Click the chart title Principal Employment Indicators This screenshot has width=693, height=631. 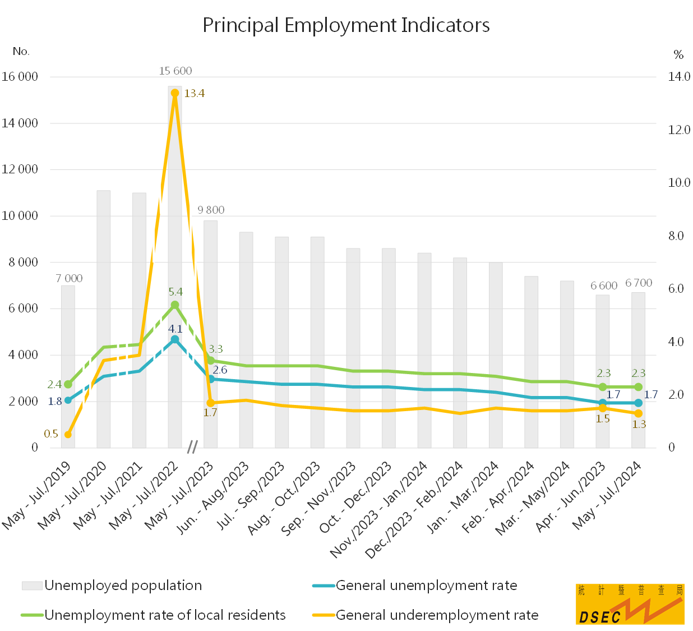click(346, 25)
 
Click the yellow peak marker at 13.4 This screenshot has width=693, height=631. click(175, 93)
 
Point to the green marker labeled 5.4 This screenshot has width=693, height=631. click(175, 305)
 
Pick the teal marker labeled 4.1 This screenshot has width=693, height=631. click(175, 339)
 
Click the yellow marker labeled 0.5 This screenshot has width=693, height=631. click(68, 435)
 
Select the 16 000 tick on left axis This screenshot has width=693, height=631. click(20, 77)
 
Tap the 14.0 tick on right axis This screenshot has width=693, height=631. click(679, 77)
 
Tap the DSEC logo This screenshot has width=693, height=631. click(630, 604)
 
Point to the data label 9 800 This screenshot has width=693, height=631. click(211, 210)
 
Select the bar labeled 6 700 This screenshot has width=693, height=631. click(638, 370)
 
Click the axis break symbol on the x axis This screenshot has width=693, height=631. click(192, 447)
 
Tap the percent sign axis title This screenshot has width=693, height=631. click(678, 55)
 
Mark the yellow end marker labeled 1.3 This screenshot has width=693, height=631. click(638, 413)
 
